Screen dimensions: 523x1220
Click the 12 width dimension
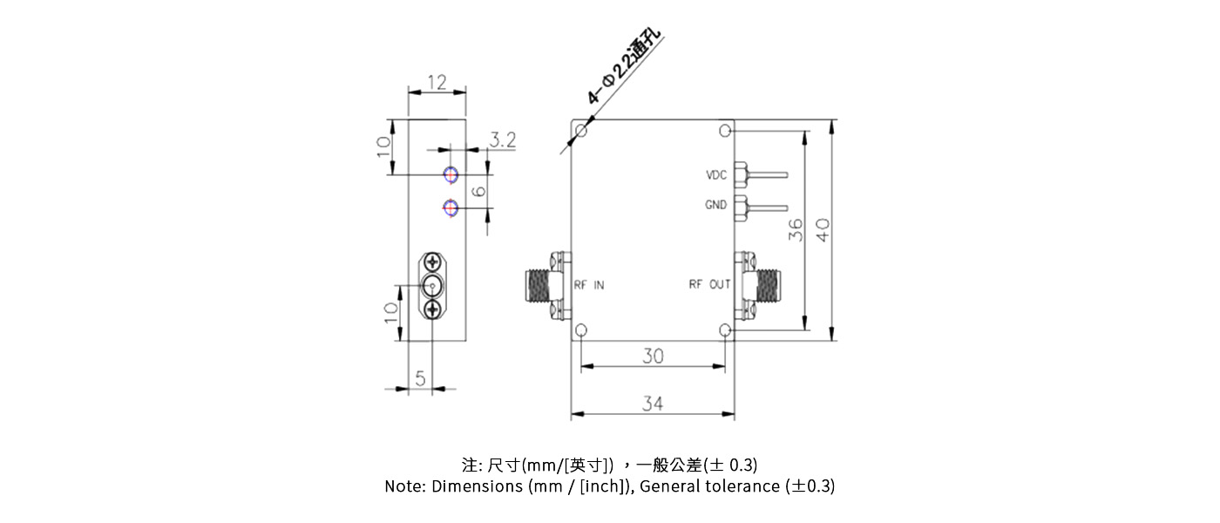point(437,83)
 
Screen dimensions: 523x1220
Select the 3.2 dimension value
point(503,139)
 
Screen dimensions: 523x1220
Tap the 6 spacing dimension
point(478,191)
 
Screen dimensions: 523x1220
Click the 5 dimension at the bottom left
point(420,378)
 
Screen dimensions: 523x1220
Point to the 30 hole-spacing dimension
point(653,356)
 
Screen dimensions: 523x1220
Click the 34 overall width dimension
point(653,404)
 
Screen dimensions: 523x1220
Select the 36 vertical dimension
point(795,230)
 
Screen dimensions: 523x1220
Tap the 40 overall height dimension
point(822,230)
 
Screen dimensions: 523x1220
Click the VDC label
point(715,175)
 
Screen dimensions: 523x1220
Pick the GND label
point(715,206)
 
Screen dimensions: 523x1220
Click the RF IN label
point(588,284)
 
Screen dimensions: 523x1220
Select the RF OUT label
point(709,284)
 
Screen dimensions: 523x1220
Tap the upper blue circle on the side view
point(451,175)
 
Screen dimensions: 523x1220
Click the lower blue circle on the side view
point(451,207)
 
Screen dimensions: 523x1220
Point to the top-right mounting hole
point(726,131)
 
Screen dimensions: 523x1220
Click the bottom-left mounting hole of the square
point(581,330)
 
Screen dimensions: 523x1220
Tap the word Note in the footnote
point(404,486)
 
